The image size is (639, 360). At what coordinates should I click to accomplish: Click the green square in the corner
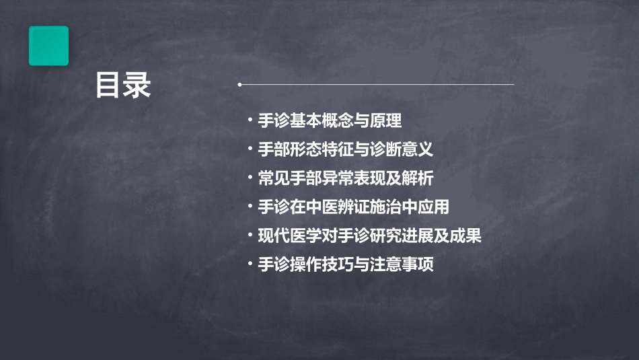point(48,46)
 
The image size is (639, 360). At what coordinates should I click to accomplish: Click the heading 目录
point(123,86)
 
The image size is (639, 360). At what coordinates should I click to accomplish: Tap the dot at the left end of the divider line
point(239,85)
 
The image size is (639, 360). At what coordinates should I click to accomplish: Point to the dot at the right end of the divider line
point(513,85)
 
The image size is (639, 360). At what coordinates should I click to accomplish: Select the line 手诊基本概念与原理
point(330,121)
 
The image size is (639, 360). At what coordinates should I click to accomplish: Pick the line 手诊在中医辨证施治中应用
point(353,207)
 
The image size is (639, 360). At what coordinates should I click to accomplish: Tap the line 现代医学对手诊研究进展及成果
point(369,236)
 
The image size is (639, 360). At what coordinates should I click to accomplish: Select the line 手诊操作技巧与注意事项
point(345,264)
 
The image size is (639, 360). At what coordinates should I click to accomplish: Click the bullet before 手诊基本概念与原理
point(250,121)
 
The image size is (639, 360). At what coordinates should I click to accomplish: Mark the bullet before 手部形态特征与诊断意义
point(250,149)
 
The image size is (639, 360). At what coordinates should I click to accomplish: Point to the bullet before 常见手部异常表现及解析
point(250,178)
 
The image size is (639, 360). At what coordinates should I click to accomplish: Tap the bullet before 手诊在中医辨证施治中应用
point(250,207)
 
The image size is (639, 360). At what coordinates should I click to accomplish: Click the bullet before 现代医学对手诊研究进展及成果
point(250,236)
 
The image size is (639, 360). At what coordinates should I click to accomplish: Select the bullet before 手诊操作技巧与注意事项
point(250,264)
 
